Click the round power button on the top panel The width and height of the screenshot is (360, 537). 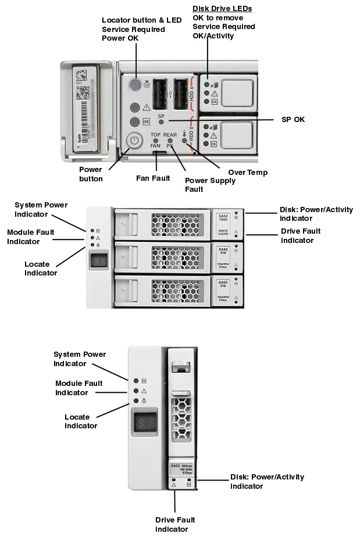(134, 141)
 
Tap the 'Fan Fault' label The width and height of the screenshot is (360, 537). (153, 178)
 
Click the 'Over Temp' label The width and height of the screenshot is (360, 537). (248, 173)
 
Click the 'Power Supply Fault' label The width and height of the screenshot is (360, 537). (210, 185)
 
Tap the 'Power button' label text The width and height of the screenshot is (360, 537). (91, 174)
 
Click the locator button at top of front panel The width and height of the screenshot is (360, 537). (134, 85)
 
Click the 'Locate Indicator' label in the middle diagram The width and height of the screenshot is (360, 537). (41, 268)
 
